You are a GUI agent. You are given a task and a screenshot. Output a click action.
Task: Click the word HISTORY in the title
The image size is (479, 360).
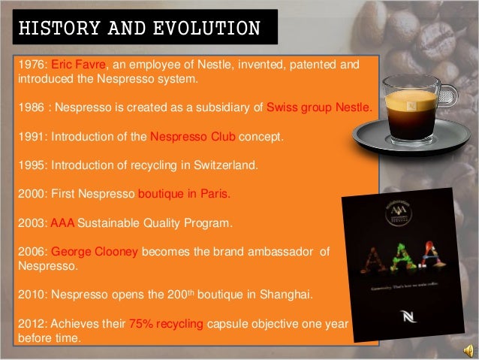[50, 27]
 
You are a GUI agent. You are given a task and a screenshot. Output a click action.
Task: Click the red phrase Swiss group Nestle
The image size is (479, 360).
[317, 106]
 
